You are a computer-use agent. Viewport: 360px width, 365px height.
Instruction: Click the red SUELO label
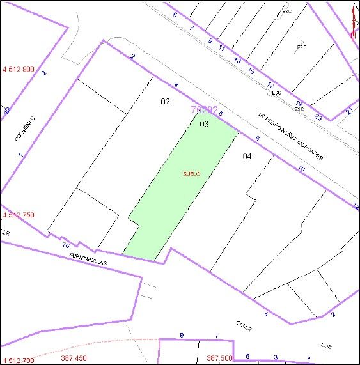pyautogui.click(x=192, y=173)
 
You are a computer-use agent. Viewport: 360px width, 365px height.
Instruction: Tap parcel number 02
pyautogui.click(x=165, y=101)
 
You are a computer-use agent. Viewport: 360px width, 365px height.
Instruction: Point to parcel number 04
pyautogui.click(x=247, y=156)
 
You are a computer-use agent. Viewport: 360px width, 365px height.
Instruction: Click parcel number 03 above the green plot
pyautogui.click(x=204, y=124)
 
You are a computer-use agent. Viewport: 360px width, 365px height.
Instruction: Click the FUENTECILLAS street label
pyautogui.click(x=89, y=259)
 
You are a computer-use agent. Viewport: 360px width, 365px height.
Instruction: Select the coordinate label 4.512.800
pyautogui.click(x=19, y=69)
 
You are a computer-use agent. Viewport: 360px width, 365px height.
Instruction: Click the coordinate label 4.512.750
pyautogui.click(x=18, y=215)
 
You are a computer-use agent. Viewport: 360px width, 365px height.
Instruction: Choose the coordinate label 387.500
pyautogui.click(x=219, y=358)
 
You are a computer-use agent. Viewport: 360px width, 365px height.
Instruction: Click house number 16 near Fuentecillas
pyautogui.click(x=65, y=245)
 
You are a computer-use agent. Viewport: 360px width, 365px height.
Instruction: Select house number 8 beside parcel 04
pyautogui.click(x=257, y=139)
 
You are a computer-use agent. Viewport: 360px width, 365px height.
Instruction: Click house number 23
pyautogui.click(x=318, y=116)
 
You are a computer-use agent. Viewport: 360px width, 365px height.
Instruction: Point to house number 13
pyautogui.click(x=237, y=60)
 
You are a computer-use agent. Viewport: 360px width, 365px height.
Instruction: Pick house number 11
pyautogui.click(x=222, y=48)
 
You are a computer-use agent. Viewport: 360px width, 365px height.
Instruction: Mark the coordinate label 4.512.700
pyautogui.click(x=18, y=361)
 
